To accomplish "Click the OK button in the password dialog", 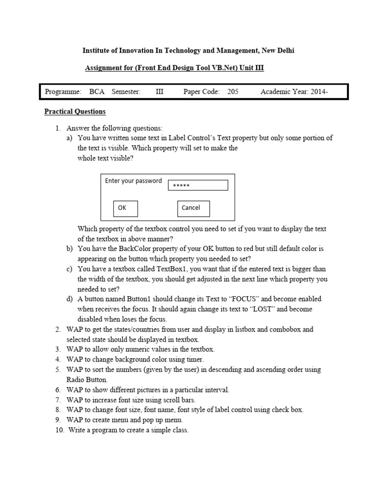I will click(125, 208).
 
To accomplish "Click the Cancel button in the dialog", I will click(193, 208).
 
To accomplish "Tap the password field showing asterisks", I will click(198, 185).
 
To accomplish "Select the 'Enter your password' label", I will click(133, 181).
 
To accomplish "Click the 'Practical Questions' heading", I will click(75, 112).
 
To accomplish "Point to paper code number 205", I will click(233, 92).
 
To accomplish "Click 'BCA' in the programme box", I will click(97, 92).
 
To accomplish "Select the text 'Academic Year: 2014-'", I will click(294, 92).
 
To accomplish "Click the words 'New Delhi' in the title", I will click(278, 51).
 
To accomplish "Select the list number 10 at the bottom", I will click(59, 430).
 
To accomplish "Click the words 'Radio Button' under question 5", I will click(87, 379).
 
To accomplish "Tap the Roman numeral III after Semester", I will click(160, 92).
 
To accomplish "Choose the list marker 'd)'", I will click(70, 299).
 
